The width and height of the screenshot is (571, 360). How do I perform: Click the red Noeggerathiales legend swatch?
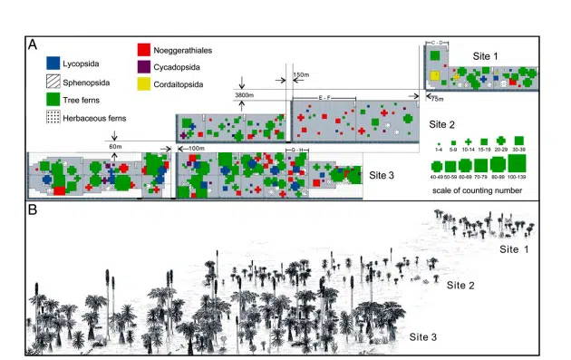click(x=143, y=49)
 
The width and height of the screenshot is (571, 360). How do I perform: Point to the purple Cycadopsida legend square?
click(x=143, y=65)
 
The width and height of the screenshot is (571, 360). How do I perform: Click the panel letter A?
click(x=33, y=44)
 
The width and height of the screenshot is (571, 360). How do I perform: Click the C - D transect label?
click(x=435, y=42)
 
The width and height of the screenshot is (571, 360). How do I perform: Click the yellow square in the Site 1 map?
click(x=435, y=74)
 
